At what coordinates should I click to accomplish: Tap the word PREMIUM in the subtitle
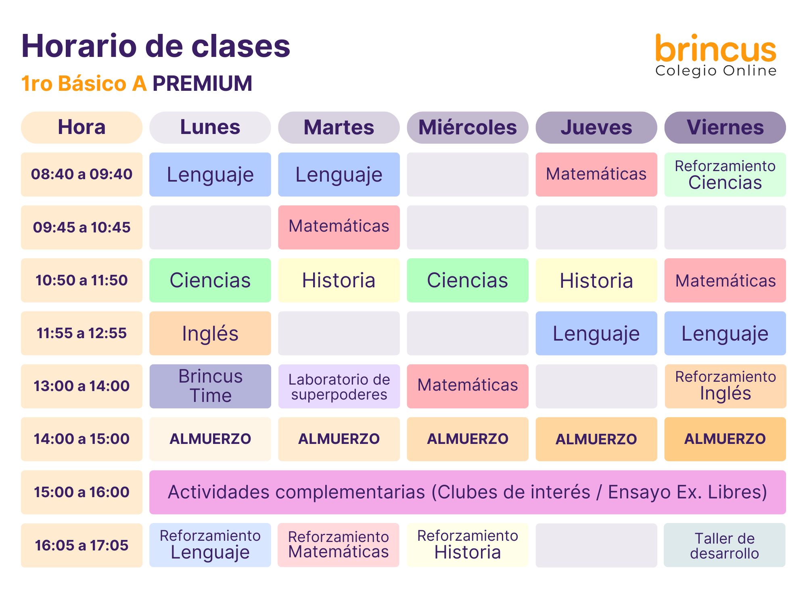pos(202,84)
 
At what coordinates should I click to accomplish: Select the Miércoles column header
pos(468,128)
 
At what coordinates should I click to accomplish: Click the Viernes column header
pos(725,128)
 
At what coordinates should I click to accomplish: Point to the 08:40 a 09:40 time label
pos(82,174)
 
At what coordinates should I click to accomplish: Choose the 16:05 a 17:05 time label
pos(82,545)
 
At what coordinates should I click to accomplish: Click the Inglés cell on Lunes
pos(210,333)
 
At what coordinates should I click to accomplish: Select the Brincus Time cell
pos(210,386)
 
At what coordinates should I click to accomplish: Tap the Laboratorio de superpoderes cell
pos(339,386)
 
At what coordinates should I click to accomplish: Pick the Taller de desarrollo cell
pos(725,545)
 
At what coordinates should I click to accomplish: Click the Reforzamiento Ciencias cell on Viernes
pos(725,174)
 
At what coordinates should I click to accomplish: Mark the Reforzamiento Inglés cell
pos(725,386)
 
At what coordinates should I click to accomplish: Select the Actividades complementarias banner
pos(468,492)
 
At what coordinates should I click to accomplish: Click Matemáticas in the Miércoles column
pos(468,386)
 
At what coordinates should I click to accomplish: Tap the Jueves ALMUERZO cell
pos(596,439)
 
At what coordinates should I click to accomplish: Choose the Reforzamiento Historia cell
pos(468,545)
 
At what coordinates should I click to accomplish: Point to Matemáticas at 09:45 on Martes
pos(339,227)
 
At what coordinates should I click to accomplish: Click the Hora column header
pos(82,128)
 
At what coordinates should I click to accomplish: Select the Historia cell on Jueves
pos(596,280)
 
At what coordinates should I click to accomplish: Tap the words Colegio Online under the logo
pos(716,71)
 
